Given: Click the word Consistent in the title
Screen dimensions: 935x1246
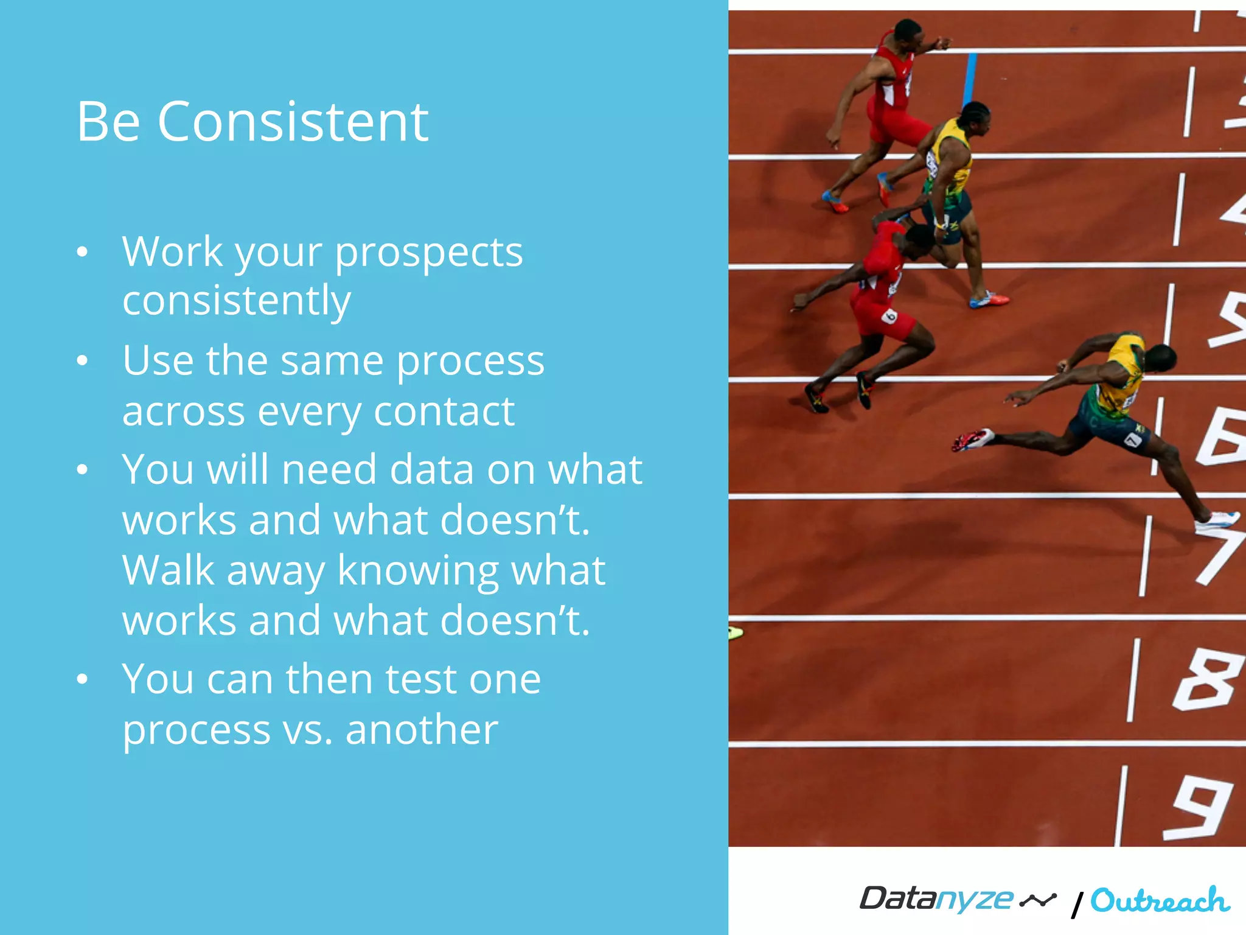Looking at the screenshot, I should pos(293,122).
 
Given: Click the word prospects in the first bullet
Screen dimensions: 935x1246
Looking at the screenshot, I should pos(429,252).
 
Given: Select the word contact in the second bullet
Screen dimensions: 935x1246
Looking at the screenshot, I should pos(444,412).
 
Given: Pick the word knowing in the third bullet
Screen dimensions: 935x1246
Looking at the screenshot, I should pos(417,572).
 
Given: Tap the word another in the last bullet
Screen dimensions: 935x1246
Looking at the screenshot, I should pos(422,730).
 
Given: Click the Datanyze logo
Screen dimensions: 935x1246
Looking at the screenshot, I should pos(957,899).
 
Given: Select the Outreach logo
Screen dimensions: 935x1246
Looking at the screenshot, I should pos(1159,900).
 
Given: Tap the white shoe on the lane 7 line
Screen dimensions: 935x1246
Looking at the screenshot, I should pos(1216,521).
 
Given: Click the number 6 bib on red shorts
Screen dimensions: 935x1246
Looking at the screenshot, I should pos(889,315).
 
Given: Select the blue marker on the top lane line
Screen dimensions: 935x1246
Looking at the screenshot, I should pos(969,80).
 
